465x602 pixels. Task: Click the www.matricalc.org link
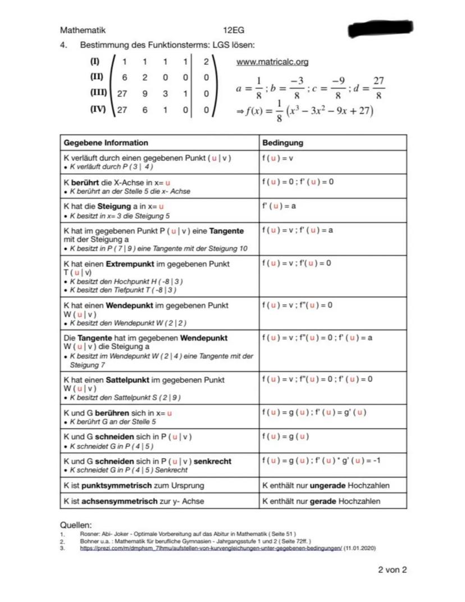272,61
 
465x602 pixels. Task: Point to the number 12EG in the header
233,30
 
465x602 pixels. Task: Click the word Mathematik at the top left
83,30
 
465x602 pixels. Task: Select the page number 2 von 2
392,569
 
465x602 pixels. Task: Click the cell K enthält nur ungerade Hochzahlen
326,485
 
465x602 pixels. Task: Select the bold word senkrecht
212,461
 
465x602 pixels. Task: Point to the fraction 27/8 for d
379,88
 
